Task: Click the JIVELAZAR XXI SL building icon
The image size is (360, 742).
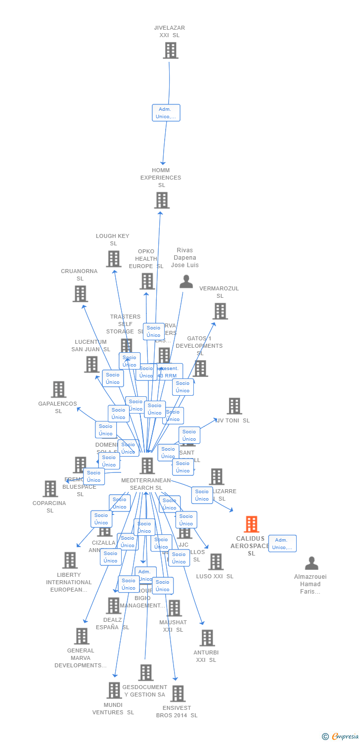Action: pos(171,50)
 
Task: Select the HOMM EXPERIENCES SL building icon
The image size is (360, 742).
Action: pos(162,200)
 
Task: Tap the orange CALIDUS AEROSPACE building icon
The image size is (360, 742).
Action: pos(252,524)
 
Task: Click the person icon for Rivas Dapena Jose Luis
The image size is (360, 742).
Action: pos(186,281)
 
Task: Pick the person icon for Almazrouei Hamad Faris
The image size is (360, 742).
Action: pos(312,563)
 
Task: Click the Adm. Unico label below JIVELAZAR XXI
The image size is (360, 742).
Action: pos(166,113)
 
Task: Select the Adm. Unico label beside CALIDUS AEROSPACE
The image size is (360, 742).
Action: pos(282,544)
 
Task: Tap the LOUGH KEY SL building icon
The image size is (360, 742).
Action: pos(114,259)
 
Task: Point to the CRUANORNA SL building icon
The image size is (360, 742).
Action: pos(80,294)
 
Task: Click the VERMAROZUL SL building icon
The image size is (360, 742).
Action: pos(220,311)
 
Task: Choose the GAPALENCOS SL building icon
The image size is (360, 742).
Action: pos(58,389)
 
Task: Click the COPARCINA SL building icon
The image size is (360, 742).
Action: pos(50,489)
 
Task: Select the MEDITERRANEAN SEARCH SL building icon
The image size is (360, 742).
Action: pos(147,465)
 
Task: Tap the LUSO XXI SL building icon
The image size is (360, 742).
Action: pos(216,562)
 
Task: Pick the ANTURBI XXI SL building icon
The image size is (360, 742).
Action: pos(207,638)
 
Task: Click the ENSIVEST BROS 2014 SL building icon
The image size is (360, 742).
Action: pos(178,694)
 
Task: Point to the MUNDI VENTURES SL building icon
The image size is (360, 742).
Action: pos(114,691)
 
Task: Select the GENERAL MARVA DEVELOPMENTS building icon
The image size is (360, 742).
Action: pos(82,636)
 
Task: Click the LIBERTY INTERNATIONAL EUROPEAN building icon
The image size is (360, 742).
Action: pos(70,560)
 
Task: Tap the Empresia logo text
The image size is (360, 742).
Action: pos(345,737)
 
